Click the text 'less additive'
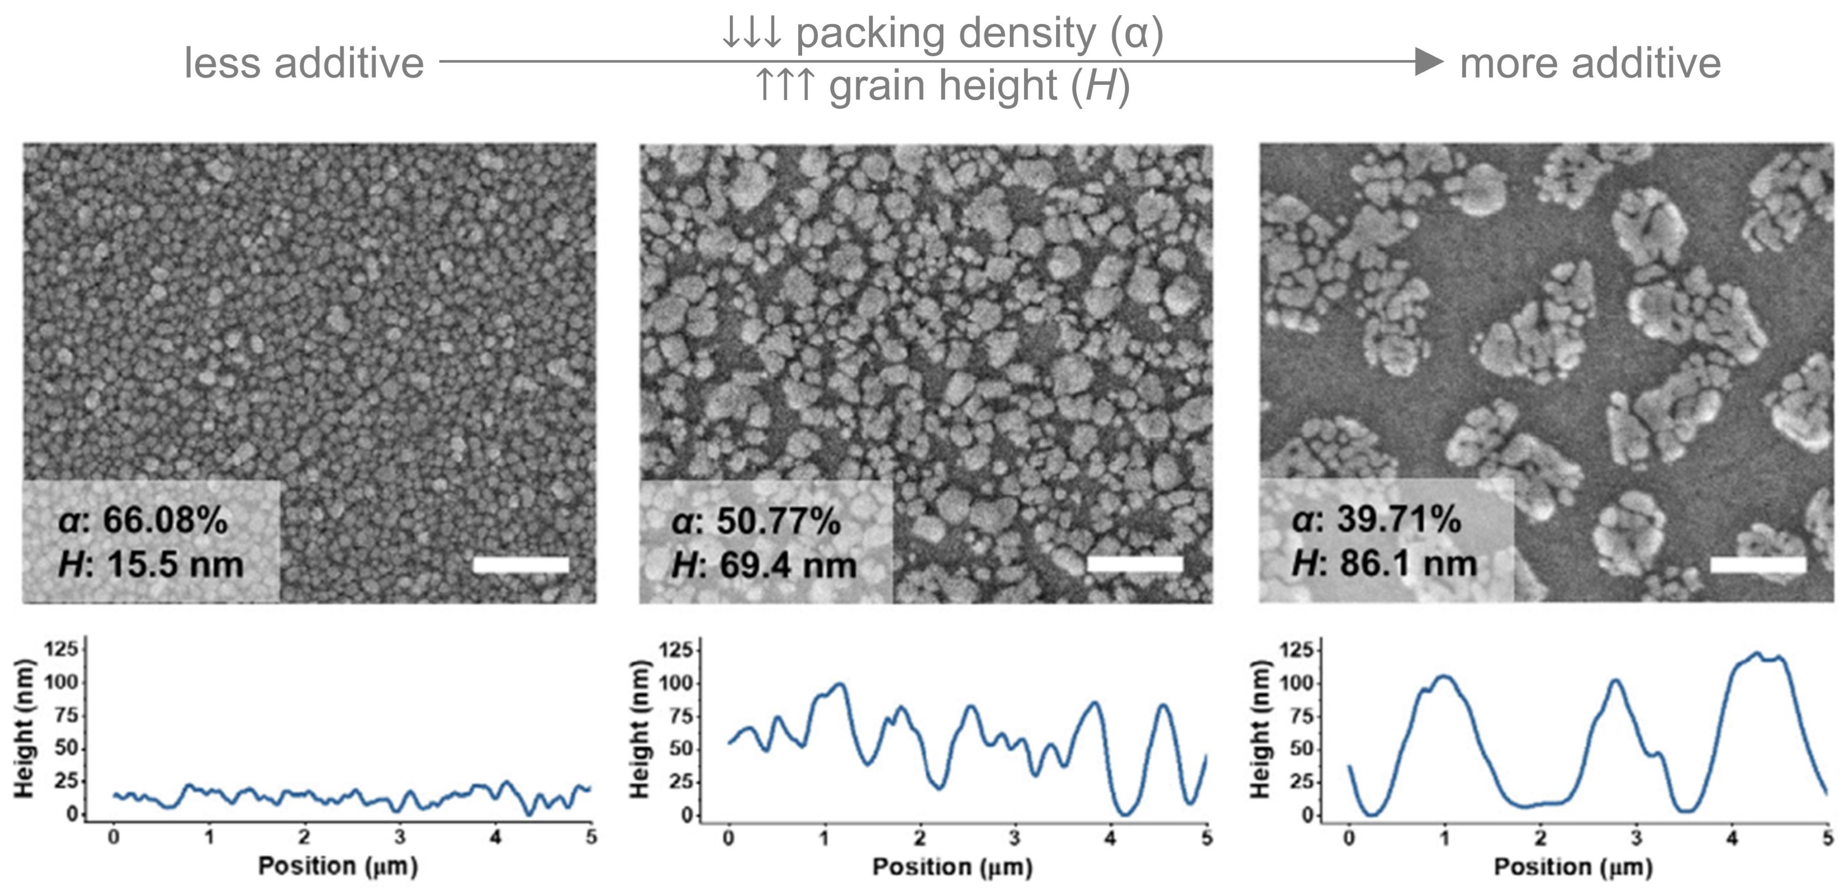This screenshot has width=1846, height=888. pyautogui.click(x=304, y=63)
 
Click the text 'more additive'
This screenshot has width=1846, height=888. pyautogui.click(x=1590, y=63)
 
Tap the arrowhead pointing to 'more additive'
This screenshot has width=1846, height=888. pyautogui.click(x=1429, y=62)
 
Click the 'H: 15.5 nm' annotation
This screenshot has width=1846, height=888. pyautogui.click(x=151, y=565)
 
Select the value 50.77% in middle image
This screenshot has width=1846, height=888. pyautogui.click(x=778, y=521)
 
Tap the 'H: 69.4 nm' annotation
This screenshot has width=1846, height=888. pyautogui.click(x=764, y=565)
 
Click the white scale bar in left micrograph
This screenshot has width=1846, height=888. pyautogui.click(x=521, y=565)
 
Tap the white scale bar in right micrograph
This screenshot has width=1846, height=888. pyautogui.click(x=1758, y=565)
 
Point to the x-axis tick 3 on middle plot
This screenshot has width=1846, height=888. pyautogui.click(x=1015, y=838)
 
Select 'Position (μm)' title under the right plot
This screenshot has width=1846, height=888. pyautogui.click(x=1573, y=866)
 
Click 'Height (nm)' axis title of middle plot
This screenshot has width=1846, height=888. pyautogui.click(x=639, y=729)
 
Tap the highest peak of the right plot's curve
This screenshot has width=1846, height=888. pyautogui.click(x=1756, y=654)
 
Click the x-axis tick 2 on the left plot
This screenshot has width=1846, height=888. pyautogui.click(x=305, y=837)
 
